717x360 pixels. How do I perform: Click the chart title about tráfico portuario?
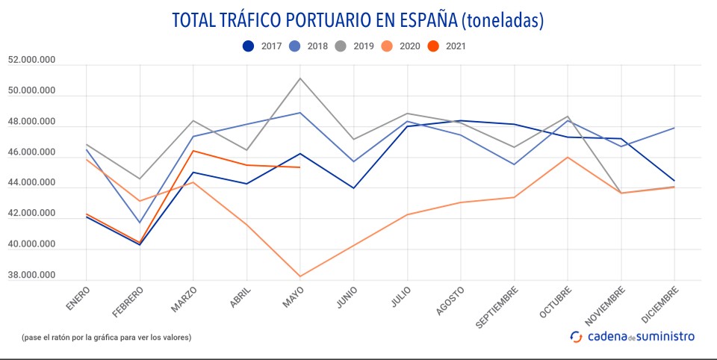(358, 20)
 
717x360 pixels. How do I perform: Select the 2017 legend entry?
(261, 46)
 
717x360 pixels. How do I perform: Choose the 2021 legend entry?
(446, 46)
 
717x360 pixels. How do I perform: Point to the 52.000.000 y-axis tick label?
(31, 61)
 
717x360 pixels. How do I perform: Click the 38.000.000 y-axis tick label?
(31, 276)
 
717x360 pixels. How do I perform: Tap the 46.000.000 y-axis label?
(31, 153)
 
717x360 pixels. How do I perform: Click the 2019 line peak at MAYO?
(300, 78)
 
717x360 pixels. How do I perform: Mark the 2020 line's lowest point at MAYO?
(300, 276)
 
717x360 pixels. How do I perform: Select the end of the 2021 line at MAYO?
(300, 167)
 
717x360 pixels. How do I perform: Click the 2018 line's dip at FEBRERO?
(140, 223)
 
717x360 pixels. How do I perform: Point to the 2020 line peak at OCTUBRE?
(568, 157)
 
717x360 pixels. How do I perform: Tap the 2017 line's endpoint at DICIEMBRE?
(675, 181)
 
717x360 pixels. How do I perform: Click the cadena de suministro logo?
(632, 336)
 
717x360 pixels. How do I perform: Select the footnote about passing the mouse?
(107, 337)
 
